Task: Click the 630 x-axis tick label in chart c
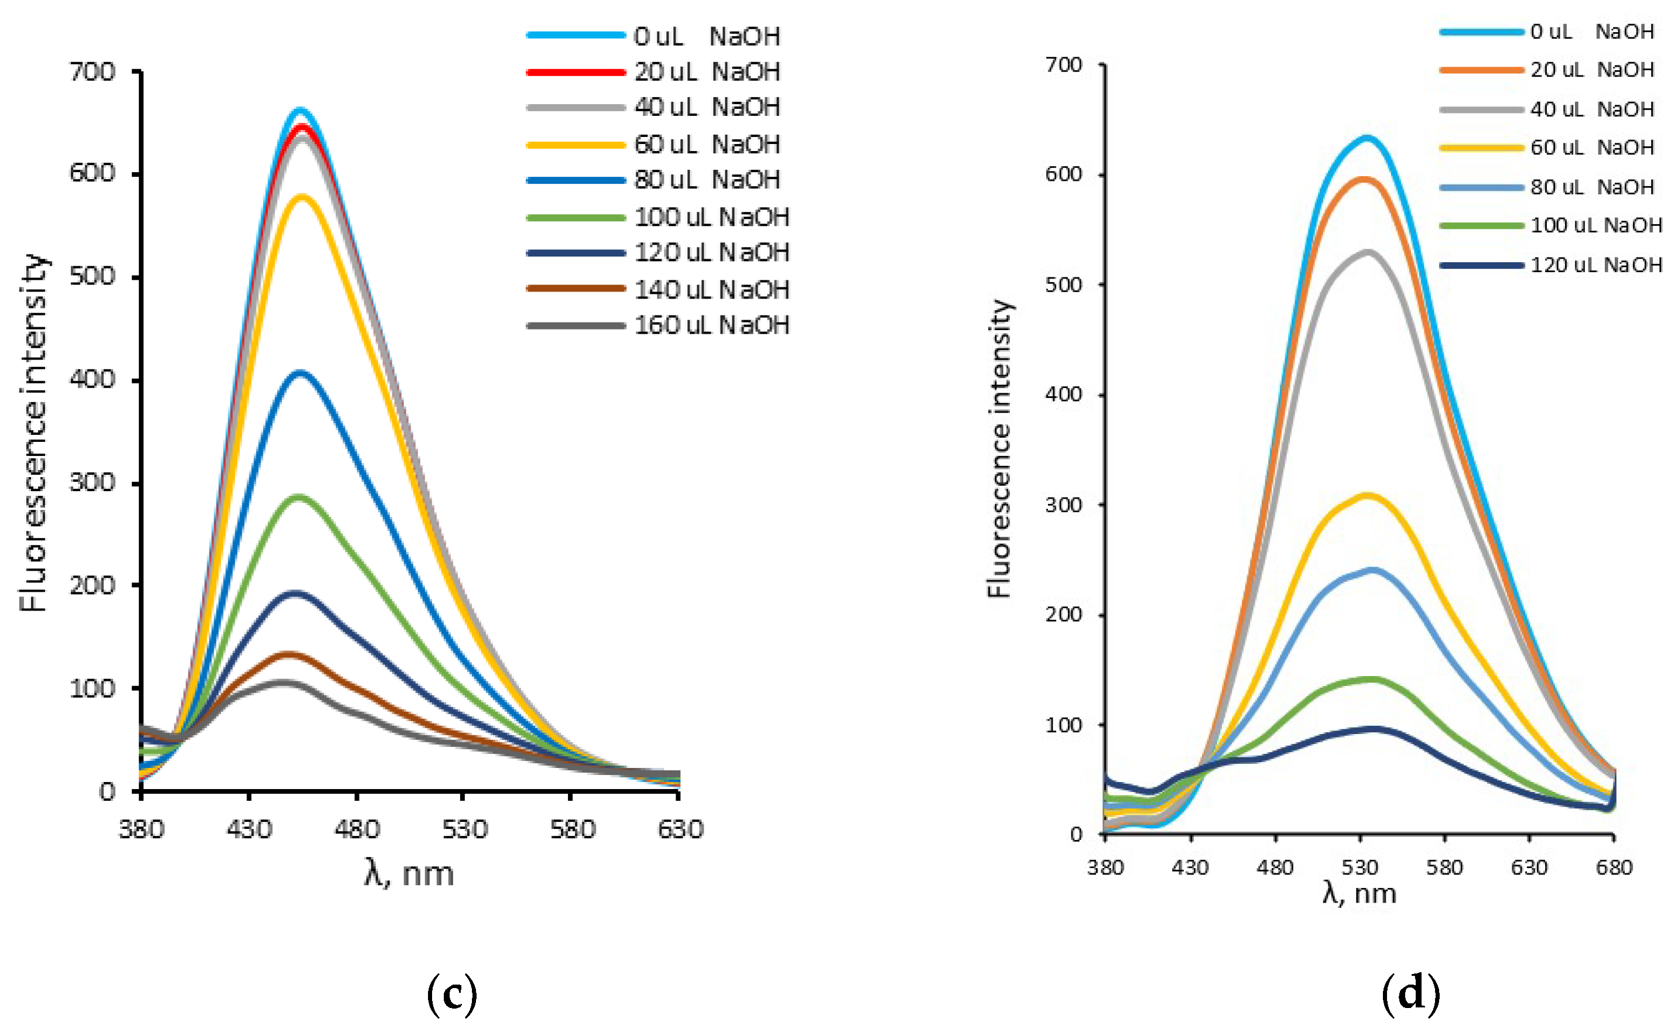[x=680, y=829]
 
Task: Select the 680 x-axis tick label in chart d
[x=1614, y=868]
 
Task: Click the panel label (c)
[x=451, y=995]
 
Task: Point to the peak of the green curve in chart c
[x=299, y=497]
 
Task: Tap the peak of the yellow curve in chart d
[x=1368, y=495]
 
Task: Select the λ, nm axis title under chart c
[x=409, y=873]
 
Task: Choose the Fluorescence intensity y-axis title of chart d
[x=999, y=449]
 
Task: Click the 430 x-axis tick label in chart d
[x=1190, y=868]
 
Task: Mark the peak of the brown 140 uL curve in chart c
[x=289, y=654]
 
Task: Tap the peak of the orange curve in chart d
[x=1364, y=180]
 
